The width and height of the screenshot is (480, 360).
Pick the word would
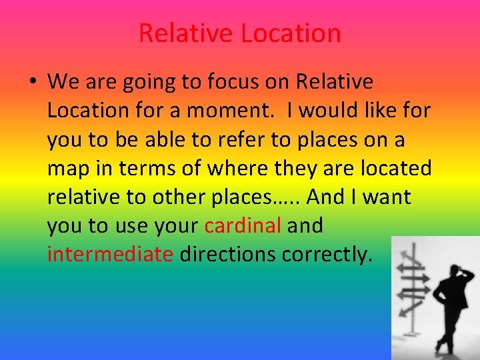pos(329,111)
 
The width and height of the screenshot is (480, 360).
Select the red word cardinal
pos(243,226)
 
